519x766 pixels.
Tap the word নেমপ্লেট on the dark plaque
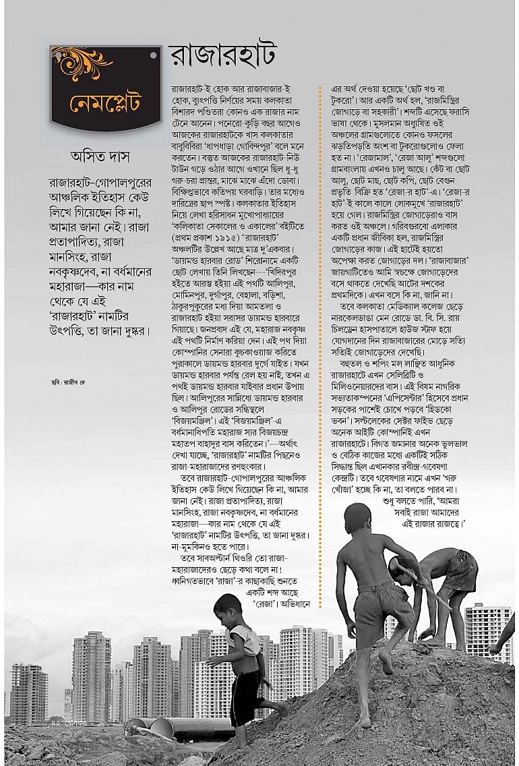(x=105, y=104)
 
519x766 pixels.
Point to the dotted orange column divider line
(x=320, y=337)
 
